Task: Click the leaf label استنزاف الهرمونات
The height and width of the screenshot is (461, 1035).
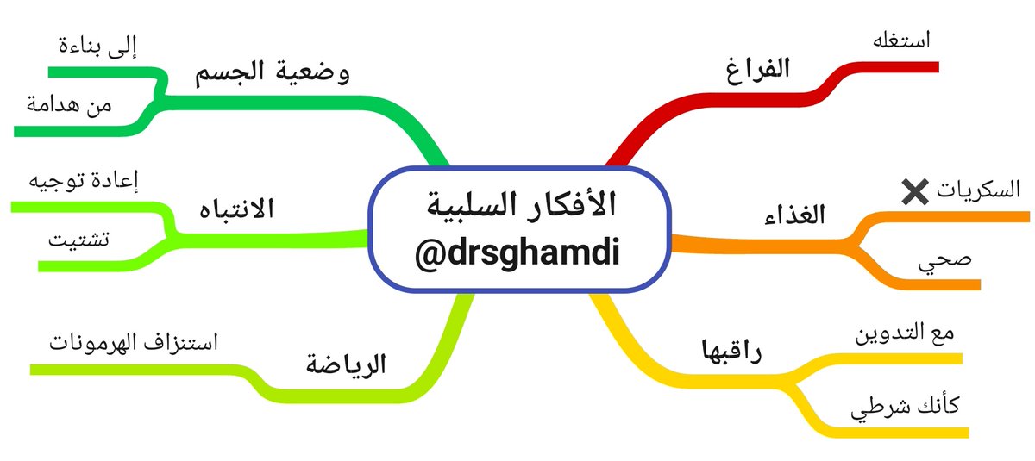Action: (135, 343)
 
